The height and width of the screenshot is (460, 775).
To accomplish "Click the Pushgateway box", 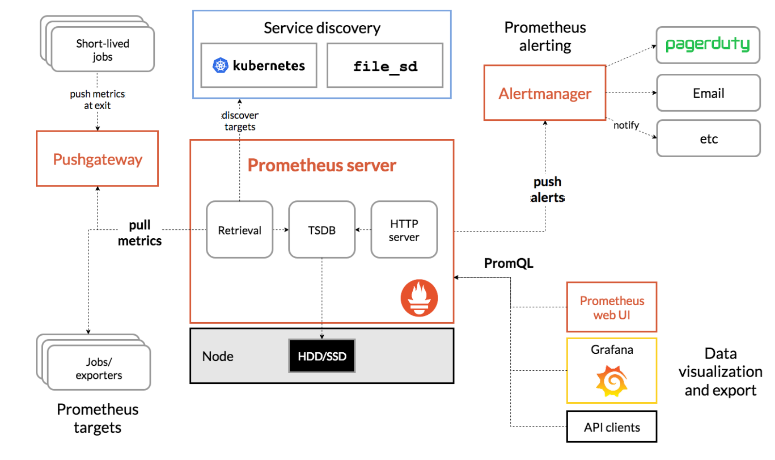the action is [x=97, y=159].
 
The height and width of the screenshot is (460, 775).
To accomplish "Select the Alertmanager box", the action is [x=545, y=93].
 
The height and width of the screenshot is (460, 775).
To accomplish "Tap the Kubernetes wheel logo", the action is [x=220, y=66].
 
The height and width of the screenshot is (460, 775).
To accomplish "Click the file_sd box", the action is [x=385, y=66].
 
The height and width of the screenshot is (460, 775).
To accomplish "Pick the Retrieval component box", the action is [x=239, y=230].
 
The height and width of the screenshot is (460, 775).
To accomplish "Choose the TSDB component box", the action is [x=322, y=230].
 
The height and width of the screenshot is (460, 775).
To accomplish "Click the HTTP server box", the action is [x=404, y=230].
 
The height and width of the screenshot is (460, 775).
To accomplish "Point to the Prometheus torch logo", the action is [x=420, y=298].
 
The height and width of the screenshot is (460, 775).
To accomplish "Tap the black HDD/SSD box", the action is [x=322, y=356].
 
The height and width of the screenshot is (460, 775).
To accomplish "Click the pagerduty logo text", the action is [x=708, y=44].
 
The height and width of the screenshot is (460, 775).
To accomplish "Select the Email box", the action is [x=708, y=93].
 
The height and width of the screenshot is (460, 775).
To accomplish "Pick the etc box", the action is [x=708, y=139].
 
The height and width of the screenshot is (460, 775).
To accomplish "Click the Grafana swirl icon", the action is [x=612, y=381].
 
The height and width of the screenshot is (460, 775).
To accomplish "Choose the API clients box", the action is [x=612, y=427].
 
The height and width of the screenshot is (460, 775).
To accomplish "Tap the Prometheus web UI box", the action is [x=612, y=307].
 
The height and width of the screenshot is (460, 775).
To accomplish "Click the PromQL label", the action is [x=508, y=263].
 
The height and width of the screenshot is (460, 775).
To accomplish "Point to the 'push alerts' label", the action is [x=547, y=189].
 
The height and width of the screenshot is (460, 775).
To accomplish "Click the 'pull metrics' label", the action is [x=140, y=232].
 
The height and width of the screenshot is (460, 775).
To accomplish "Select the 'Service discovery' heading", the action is [x=322, y=28].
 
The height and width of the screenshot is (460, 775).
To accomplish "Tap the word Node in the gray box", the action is [x=218, y=356].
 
